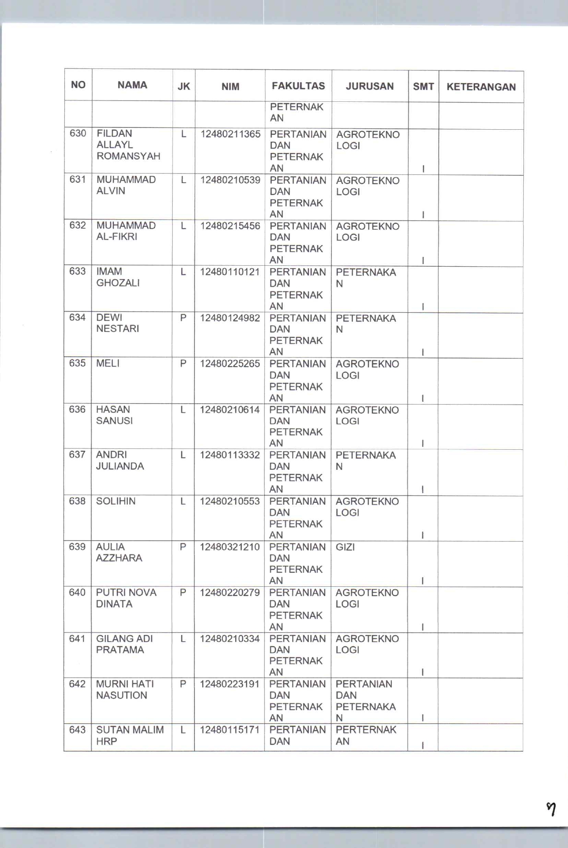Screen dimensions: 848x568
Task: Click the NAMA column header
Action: click(x=132, y=85)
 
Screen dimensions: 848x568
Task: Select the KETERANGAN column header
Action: click(x=481, y=87)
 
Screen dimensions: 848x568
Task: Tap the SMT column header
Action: click(x=423, y=86)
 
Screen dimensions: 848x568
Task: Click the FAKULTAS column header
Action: click(x=298, y=86)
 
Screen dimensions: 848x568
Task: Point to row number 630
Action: click(x=78, y=133)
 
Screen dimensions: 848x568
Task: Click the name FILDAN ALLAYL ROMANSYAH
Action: click(x=128, y=145)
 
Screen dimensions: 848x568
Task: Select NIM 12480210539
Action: click(x=230, y=180)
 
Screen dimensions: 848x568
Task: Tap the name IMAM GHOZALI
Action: click(x=118, y=277)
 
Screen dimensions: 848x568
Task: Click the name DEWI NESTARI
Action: click(x=117, y=323)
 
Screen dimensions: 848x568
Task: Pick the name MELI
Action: click(x=108, y=363)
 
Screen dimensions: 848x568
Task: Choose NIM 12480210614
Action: click(x=230, y=410)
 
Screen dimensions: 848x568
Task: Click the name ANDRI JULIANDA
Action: click(x=120, y=460)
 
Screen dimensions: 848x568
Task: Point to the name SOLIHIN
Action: click(x=116, y=501)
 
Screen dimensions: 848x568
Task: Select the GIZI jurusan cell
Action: click(x=345, y=547)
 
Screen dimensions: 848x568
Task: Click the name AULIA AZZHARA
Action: click(x=119, y=552)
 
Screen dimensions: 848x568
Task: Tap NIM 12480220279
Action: click(x=230, y=592)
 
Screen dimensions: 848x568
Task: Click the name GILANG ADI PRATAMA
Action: click(x=124, y=644)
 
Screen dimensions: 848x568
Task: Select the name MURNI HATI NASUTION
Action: click(x=125, y=690)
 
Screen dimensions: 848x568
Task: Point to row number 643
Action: click(x=77, y=730)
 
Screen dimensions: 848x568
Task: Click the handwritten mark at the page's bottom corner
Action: click(x=551, y=809)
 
